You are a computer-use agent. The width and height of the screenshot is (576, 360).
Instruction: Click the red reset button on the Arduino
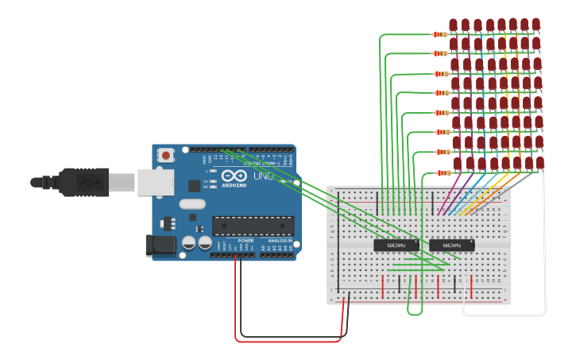click(x=165, y=156)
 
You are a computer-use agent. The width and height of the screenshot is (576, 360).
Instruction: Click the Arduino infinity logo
click(x=230, y=176)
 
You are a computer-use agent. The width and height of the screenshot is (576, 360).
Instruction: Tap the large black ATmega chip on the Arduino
click(x=253, y=226)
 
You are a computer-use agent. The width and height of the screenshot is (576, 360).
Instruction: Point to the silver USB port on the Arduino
click(x=155, y=182)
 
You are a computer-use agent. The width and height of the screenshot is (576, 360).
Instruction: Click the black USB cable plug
click(x=83, y=182)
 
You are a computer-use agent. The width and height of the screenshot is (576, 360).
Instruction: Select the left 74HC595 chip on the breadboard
click(x=396, y=246)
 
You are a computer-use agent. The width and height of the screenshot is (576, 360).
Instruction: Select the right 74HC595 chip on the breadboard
click(x=451, y=246)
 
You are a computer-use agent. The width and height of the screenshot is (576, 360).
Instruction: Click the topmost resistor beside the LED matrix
click(x=439, y=34)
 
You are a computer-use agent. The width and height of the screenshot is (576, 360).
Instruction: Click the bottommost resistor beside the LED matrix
click(x=443, y=172)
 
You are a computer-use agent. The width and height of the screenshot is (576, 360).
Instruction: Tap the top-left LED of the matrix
click(x=453, y=25)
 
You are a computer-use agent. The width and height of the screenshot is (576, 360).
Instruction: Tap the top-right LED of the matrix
click(x=535, y=25)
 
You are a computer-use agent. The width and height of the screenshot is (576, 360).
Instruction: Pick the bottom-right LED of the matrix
click(x=540, y=163)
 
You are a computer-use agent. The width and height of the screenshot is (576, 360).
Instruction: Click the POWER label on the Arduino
click(x=245, y=240)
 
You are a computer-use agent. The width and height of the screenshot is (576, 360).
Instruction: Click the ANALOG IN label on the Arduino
click(x=278, y=240)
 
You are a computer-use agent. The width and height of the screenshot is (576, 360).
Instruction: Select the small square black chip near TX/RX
click(x=194, y=186)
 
